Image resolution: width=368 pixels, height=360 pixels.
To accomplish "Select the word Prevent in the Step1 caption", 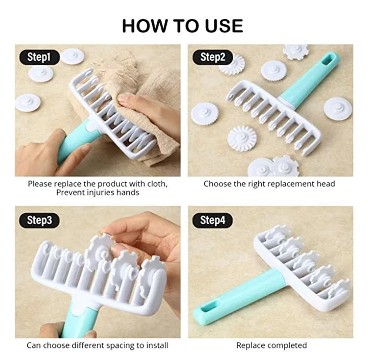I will point(70,192).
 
